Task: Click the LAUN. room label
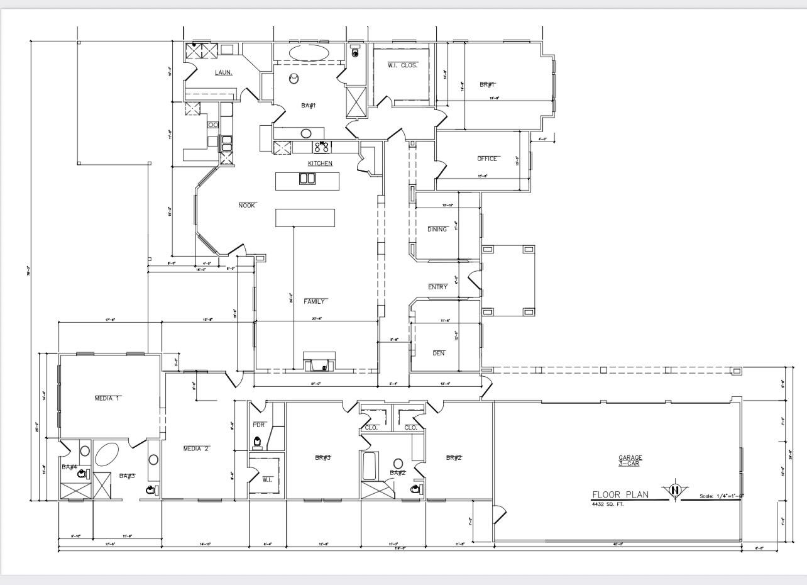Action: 224,73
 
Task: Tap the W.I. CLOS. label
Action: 402,65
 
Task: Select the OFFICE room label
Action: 487,159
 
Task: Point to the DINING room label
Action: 437,230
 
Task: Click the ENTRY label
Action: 438,287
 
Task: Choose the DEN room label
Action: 439,354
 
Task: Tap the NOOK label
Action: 247,206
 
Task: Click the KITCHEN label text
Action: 320,164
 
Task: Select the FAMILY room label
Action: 315,302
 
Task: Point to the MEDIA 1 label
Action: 107,399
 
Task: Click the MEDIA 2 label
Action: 196,449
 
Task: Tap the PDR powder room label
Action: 258,425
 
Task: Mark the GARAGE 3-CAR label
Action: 630,461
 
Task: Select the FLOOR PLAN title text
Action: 621,495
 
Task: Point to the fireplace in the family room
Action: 319,364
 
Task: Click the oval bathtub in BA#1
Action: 309,52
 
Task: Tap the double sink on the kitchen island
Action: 307,179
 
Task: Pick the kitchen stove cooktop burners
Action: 322,147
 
